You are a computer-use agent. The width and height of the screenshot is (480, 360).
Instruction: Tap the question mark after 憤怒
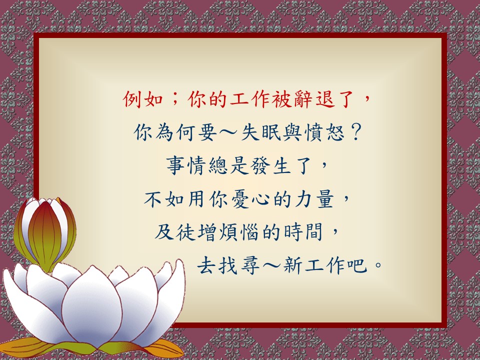(x=355, y=133)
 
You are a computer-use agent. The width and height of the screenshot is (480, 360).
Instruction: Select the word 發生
(x=271, y=166)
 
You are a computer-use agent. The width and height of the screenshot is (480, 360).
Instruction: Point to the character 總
(x=218, y=166)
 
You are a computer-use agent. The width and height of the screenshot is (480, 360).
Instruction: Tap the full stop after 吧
(x=378, y=264)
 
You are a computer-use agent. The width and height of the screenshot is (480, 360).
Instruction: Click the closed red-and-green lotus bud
(x=45, y=234)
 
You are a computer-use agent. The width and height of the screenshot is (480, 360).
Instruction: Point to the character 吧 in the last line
(x=357, y=265)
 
